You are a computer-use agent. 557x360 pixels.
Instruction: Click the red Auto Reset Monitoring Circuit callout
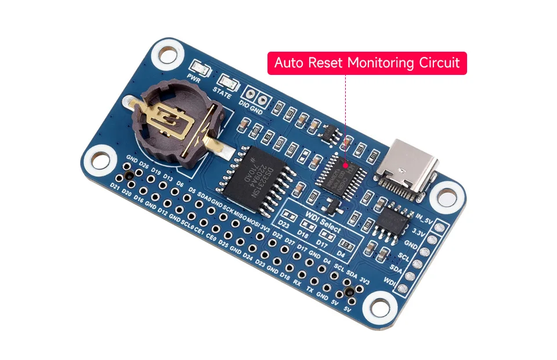pos(367,63)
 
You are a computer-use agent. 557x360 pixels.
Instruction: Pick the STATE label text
pos(222,91)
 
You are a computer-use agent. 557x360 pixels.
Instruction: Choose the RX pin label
pos(297,283)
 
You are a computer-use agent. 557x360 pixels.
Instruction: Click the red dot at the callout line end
pos(346,165)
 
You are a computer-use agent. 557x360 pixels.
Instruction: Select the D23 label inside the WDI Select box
pos(284,225)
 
